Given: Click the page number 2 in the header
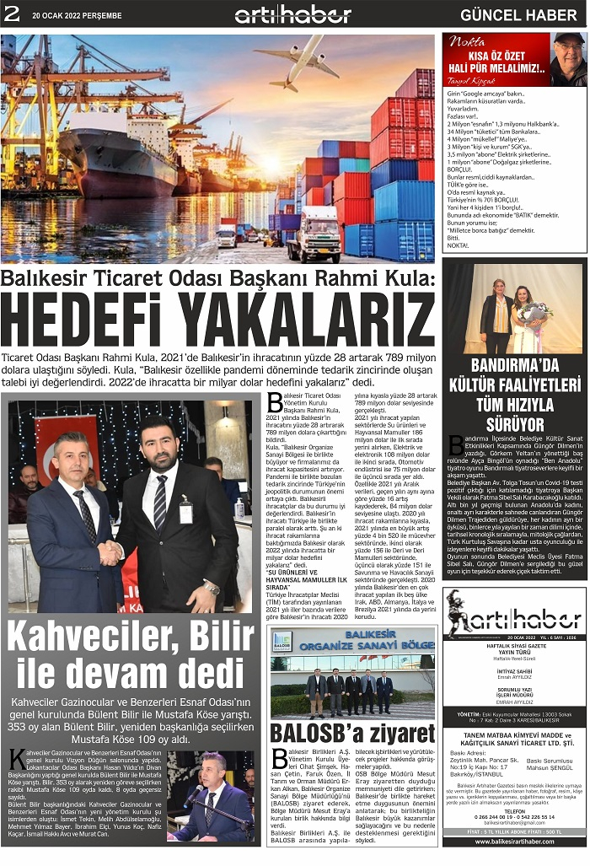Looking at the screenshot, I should [x=11, y=13].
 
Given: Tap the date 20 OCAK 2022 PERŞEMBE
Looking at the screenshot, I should [x=77, y=15].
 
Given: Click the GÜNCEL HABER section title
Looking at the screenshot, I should [x=518, y=15].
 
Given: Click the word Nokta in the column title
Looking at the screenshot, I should [x=466, y=41].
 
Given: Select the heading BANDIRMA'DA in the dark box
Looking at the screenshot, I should [x=514, y=365].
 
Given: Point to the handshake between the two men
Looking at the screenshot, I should [x=110, y=553].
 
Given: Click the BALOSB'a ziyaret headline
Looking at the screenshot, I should [x=351, y=733].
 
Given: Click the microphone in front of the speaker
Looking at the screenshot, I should [x=194, y=796].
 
